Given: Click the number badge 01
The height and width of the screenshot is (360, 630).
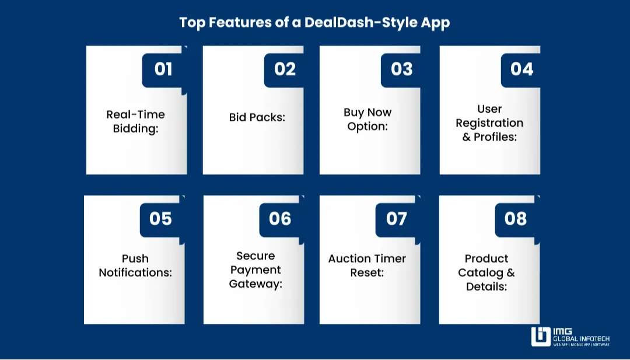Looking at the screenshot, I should pos(163,69).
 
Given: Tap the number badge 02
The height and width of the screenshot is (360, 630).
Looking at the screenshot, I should pos(285,69).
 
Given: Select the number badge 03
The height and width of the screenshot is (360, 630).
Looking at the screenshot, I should pos(401,69).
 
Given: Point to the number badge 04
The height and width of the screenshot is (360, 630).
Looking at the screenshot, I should pos(521,69).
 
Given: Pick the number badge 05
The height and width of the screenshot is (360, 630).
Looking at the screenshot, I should pos(160,219).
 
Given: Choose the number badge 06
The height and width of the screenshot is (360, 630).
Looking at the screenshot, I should pos(280,219).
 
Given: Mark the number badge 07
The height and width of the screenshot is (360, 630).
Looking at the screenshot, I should pos(397,219).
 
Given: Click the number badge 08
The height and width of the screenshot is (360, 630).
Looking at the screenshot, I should pos(516,219).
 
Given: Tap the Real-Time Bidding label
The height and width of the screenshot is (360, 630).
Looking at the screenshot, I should pos(135,121).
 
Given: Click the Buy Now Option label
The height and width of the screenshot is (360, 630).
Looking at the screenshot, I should pos(367,119).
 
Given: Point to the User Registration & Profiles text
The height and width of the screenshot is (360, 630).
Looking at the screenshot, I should pos(489,123).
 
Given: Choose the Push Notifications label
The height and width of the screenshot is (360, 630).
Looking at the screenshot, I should pos(135,265).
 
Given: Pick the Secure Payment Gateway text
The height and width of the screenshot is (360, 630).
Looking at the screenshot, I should pos(256,270).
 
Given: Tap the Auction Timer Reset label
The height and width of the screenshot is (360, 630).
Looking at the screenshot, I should pos(367,265).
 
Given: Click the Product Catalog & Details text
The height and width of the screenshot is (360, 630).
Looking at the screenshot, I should pos(487,272).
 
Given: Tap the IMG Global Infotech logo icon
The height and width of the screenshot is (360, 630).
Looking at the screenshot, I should pos(541,337).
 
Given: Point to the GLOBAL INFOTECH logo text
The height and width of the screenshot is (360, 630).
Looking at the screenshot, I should pos(582,338).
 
